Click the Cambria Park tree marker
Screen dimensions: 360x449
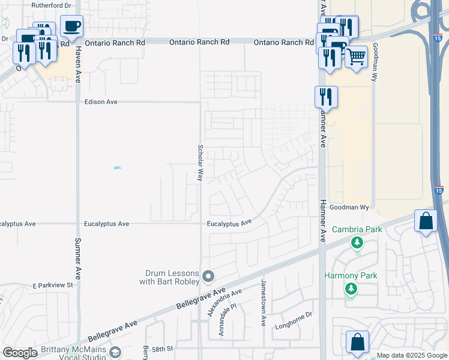pyautogui.click(x=357, y=242)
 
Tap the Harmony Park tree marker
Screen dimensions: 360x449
pyautogui.click(x=351, y=289)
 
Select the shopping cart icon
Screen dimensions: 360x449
pyautogui.click(x=356, y=58)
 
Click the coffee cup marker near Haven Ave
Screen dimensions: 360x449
pyautogui.click(x=71, y=26)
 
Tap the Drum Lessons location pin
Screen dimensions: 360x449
pyautogui.click(x=208, y=276)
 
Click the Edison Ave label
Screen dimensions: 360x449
pyautogui.click(x=101, y=102)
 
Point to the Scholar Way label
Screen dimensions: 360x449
pyautogui.click(x=200, y=163)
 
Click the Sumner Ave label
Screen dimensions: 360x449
pyautogui.click(x=77, y=254)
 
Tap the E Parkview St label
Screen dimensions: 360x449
pyautogui.click(x=53, y=285)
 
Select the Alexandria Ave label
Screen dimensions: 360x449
pyautogui.click(x=224, y=302)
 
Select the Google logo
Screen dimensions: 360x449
pyautogui.click(x=20, y=353)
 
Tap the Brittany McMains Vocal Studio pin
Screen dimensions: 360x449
pyautogui.click(x=115, y=352)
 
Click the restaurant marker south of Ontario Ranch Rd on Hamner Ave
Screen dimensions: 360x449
pyautogui.click(x=326, y=97)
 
